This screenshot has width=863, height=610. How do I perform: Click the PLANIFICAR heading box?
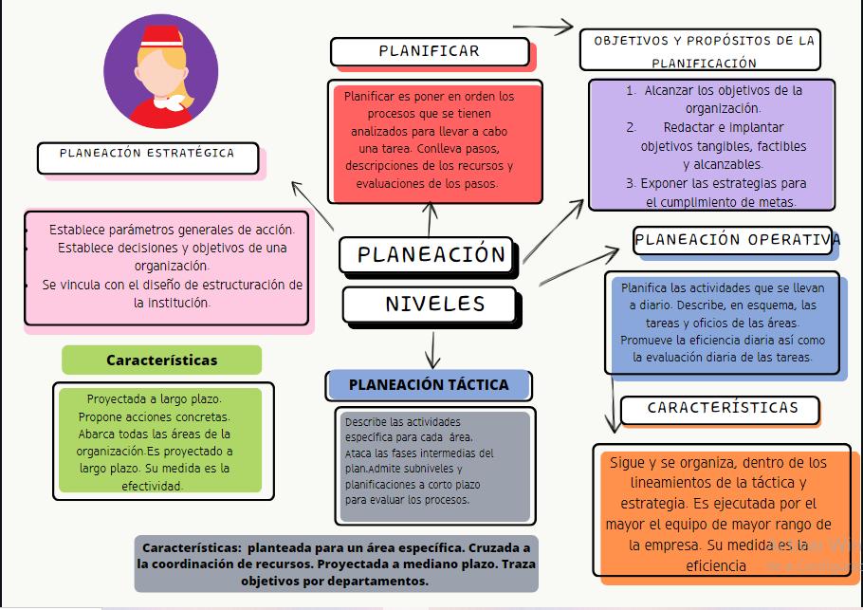[x=429, y=51]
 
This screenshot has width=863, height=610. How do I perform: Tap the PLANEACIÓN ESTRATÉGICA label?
[x=147, y=154]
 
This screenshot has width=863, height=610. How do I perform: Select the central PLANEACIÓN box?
[x=431, y=254]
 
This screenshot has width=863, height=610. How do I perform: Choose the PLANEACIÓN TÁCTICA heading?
[x=429, y=384]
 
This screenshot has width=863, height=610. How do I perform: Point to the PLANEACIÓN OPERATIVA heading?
[x=737, y=240]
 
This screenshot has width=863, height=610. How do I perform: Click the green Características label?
[x=161, y=360]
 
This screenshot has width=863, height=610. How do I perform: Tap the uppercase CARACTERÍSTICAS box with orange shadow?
[x=723, y=408]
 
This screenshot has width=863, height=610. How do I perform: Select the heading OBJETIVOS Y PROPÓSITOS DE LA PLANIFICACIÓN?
[x=704, y=51]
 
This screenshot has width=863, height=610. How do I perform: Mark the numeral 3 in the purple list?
[x=631, y=183]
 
